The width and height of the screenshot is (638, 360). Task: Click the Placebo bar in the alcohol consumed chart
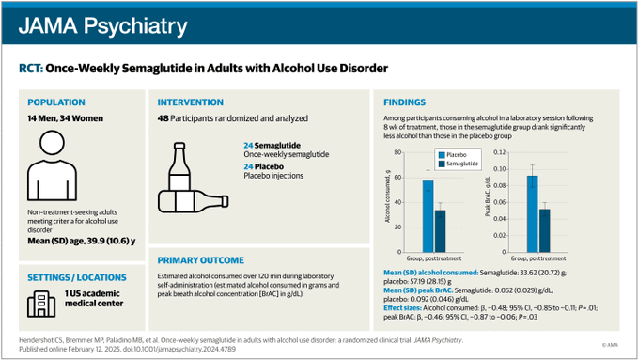[x=428, y=216]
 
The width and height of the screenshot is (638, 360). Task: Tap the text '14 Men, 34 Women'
[x=67, y=118]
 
